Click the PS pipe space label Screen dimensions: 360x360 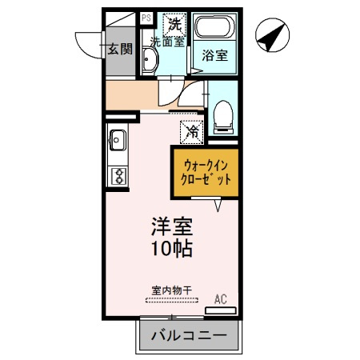click(x=146, y=18)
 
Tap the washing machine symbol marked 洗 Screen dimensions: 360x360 click(x=174, y=25)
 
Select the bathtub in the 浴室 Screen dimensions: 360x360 click(x=215, y=27)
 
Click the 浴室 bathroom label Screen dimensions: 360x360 click(x=214, y=55)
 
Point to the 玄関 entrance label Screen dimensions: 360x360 click(x=120, y=49)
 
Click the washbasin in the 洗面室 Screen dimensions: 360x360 click(x=150, y=60)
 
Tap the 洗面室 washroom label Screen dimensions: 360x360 click(x=167, y=42)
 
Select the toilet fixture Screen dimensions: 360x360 click(x=223, y=117)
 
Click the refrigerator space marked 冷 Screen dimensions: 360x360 click(x=192, y=132)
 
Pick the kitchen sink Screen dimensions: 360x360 click(x=118, y=140)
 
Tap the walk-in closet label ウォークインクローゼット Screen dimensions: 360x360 click(x=206, y=173)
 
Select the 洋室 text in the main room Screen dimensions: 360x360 click(x=172, y=226)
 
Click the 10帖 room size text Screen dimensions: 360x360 click(x=172, y=248)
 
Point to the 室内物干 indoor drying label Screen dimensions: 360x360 click(x=172, y=290)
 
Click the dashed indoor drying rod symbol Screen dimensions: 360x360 click(x=172, y=300)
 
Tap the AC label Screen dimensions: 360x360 click(x=221, y=299)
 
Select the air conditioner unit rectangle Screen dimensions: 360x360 click(x=221, y=310)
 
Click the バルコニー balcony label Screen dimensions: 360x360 click(x=189, y=335)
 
